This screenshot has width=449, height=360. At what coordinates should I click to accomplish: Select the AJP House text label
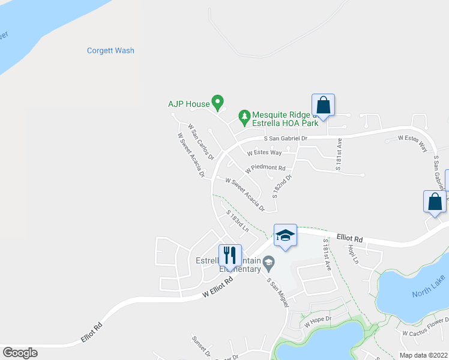[x=189, y=104]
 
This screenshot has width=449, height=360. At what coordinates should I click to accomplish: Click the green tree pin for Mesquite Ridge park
[x=244, y=115]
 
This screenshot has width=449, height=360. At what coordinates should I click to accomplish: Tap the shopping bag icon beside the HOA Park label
[x=323, y=106]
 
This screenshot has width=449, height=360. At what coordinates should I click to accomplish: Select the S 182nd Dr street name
[x=282, y=187]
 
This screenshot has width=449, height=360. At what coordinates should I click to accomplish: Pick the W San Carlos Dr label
[x=200, y=141]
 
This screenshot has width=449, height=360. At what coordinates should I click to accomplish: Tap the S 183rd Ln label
[x=237, y=221]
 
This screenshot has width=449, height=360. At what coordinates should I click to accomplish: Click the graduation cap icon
[x=285, y=235]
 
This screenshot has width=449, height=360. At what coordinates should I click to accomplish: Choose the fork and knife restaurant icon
[x=230, y=256]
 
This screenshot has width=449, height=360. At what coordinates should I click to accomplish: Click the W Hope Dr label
[x=318, y=321]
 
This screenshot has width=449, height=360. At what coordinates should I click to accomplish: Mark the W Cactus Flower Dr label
[x=425, y=333]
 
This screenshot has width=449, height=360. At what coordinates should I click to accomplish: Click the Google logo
[x=20, y=353]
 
